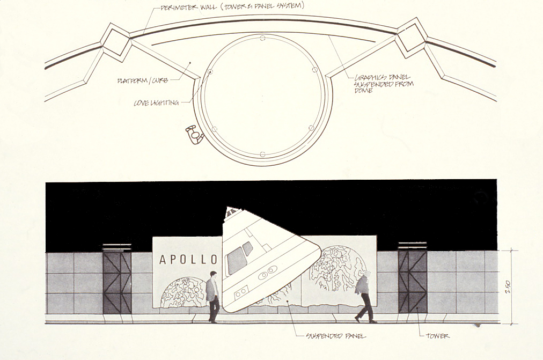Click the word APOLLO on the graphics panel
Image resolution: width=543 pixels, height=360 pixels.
[x=188, y=260]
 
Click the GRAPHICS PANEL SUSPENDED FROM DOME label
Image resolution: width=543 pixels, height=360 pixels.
[x=382, y=84]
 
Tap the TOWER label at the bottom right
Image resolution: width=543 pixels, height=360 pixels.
[x=437, y=336]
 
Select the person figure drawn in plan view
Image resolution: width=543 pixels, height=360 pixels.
[x=194, y=135]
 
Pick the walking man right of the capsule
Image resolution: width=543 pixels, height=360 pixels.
[x=365, y=297]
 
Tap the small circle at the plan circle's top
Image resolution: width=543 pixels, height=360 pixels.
[x=262, y=38]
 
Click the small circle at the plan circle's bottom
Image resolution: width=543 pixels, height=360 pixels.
[x=262, y=155]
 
